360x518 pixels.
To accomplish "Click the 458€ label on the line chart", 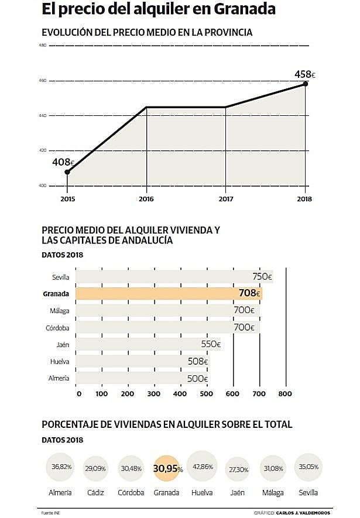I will click(304, 76).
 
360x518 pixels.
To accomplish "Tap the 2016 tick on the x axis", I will click(146, 199).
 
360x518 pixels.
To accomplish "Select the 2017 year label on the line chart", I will click(225, 199).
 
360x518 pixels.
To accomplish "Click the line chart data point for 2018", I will click(305, 84).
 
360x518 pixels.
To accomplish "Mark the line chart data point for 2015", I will click(67, 172).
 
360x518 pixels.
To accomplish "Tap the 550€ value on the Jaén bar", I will click(211, 345).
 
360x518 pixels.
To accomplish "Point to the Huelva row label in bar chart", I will click(60, 362).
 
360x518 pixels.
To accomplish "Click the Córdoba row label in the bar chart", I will click(57, 328).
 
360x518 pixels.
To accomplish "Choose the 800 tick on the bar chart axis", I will click(286, 394).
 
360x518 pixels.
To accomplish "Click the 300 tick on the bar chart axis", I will click(154, 394).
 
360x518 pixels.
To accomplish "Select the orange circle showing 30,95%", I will click(168, 468).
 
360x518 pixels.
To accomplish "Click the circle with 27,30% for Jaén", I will click(236, 469).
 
